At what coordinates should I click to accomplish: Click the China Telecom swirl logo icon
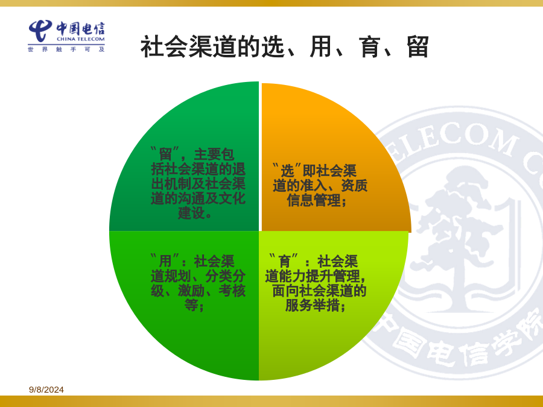[40, 31]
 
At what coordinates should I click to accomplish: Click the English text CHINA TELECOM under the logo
[81, 39]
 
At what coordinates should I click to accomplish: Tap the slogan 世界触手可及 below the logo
[66, 49]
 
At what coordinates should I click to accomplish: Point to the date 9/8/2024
[46, 390]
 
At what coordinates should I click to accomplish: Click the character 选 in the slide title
[273, 46]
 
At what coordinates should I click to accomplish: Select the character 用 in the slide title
[321, 46]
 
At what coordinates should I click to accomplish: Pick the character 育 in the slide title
[370, 46]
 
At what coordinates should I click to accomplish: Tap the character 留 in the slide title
[418, 46]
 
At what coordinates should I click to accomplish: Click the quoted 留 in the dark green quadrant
[166, 154]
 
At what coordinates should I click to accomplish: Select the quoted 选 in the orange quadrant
[287, 171]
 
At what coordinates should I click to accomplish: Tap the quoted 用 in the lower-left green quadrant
[165, 261]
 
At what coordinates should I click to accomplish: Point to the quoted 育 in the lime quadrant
[284, 261]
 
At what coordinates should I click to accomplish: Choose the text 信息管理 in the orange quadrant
[314, 200]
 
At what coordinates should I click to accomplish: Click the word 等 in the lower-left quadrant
[191, 305]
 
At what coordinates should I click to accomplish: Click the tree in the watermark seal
[460, 239]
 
